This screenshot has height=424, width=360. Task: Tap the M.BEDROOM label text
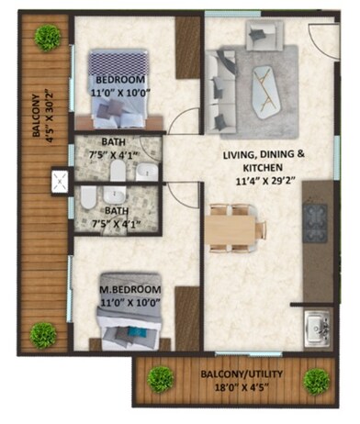click(130, 290)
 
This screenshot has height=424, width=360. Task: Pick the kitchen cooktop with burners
click(316, 220)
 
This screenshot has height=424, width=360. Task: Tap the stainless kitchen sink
click(318, 324)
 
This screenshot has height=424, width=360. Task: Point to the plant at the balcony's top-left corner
click(48, 38)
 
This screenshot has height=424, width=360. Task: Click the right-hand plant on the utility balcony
click(317, 380)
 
